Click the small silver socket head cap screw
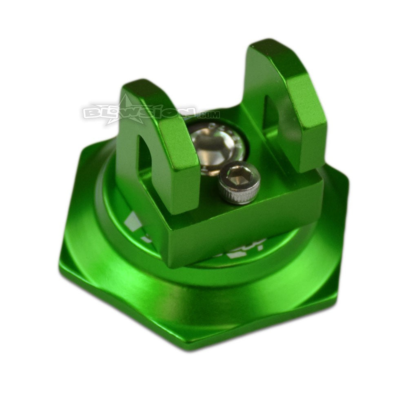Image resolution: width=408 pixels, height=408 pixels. tap(239, 182)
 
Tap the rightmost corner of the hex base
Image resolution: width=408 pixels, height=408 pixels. tap(349, 180)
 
